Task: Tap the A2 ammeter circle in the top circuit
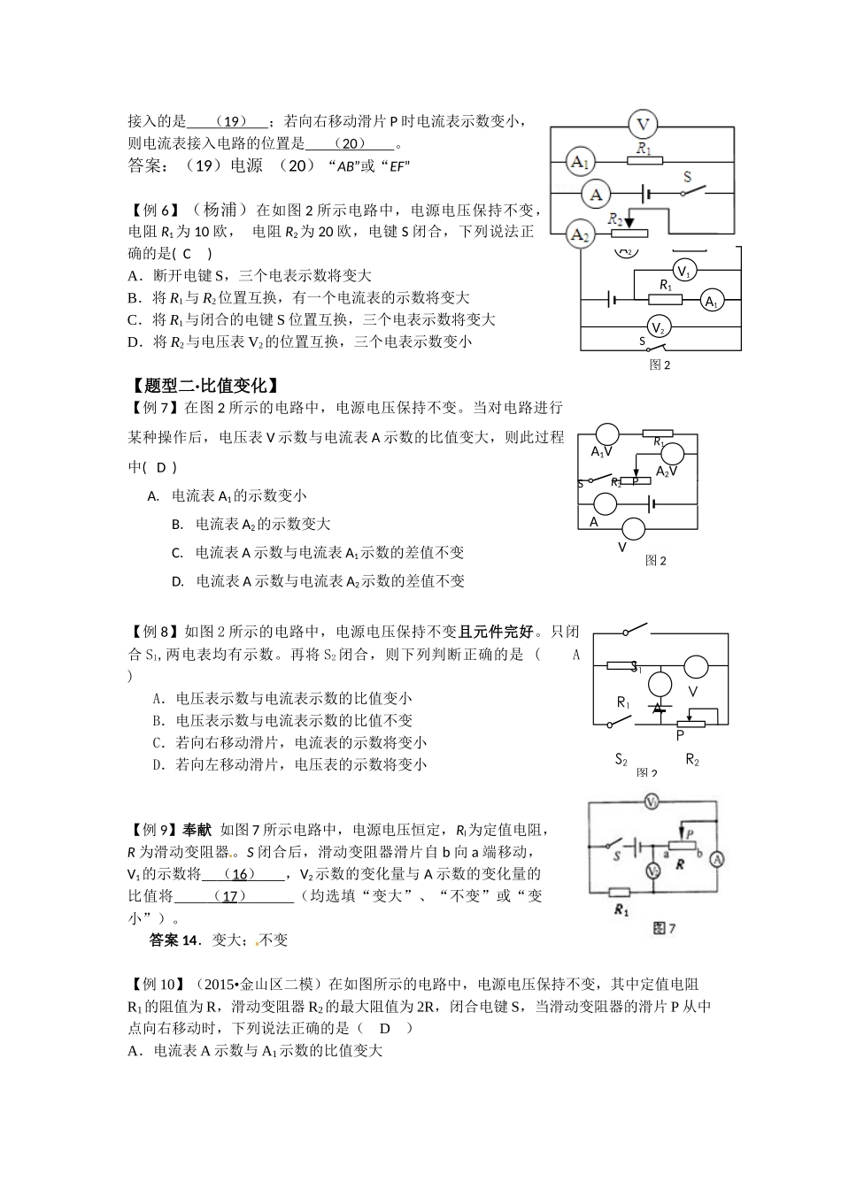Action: click(x=579, y=234)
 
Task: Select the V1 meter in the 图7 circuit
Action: click(x=652, y=802)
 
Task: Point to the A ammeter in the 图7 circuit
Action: click(x=719, y=859)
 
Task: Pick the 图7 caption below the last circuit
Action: click(x=663, y=928)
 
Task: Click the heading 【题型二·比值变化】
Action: click(x=204, y=386)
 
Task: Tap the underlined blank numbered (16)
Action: click(x=243, y=874)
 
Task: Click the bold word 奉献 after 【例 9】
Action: click(x=197, y=830)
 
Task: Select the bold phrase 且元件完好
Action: click(x=497, y=632)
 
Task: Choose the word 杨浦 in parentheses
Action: click(x=220, y=211)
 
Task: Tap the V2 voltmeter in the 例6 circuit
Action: click(x=657, y=326)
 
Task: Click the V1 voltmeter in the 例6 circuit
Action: click(x=683, y=270)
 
